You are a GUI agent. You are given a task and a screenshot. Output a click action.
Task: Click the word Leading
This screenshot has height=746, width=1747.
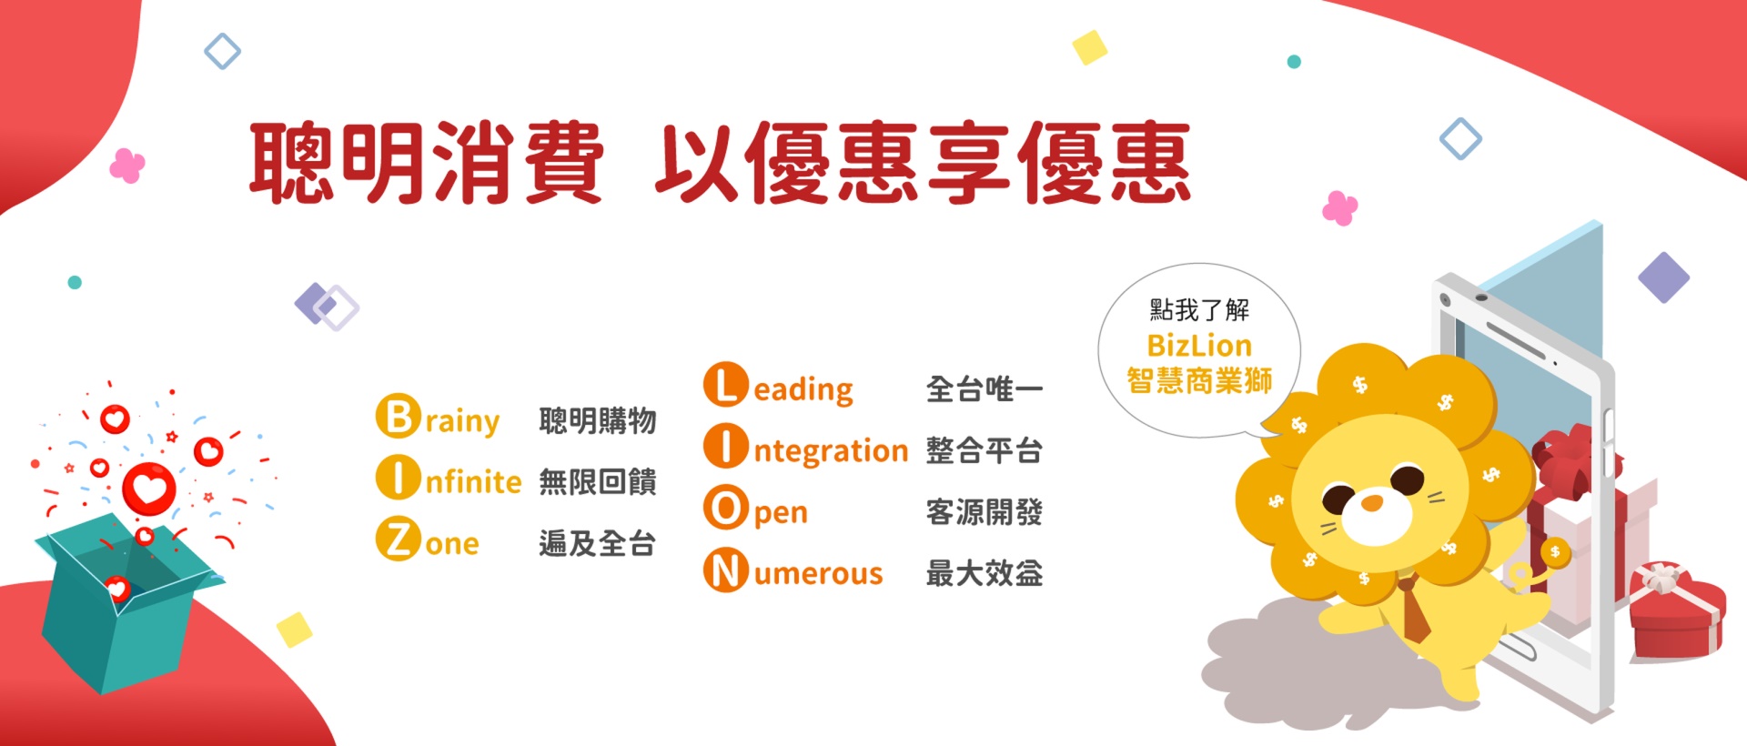click(779, 388)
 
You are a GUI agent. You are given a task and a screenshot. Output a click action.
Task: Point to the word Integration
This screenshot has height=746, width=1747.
click(806, 449)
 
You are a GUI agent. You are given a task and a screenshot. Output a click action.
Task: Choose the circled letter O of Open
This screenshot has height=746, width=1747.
click(725, 509)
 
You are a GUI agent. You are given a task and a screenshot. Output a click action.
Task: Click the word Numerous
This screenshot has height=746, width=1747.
click(793, 572)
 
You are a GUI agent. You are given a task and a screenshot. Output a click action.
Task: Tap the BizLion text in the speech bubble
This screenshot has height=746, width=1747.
click(1199, 346)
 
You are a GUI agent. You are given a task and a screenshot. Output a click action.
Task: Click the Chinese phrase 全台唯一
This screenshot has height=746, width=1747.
click(984, 389)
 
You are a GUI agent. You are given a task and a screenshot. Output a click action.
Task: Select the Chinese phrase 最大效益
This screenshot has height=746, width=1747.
click(984, 573)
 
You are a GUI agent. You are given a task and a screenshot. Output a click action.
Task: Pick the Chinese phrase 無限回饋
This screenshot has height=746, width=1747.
click(597, 481)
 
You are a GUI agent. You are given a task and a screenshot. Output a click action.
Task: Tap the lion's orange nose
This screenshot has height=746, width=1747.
click(1371, 502)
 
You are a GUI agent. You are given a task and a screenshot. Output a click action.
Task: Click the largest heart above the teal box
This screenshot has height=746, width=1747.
click(149, 489)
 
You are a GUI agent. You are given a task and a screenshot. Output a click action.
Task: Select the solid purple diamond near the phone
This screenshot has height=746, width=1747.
click(1663, 277)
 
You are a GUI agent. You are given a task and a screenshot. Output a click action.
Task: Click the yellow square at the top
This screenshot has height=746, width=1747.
click(1089, 47)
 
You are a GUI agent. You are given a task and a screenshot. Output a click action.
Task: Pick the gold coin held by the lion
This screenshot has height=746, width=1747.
click(1555, 551)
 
